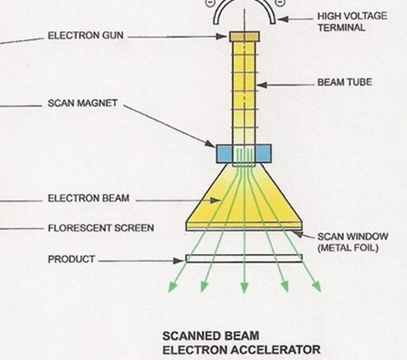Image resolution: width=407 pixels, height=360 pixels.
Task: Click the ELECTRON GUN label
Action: pyautogui.click(x=86, y=36)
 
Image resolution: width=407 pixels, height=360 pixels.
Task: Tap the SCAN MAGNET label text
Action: pyautogui.click(x=83, y=104)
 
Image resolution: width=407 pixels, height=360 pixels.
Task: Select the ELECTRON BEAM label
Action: pyautogui.click(x=88, y=198)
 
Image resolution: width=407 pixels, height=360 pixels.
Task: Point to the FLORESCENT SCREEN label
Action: pyautogui.click(x=101, y=228)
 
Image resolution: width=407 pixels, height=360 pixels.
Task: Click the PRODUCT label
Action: pyautogui.click(x=71, y=259)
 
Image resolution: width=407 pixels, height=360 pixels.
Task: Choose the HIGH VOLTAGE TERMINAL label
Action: pyautogui.click(x=351, y=22)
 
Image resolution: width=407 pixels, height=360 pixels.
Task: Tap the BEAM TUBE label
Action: pyautogui.click(x=344, y=82)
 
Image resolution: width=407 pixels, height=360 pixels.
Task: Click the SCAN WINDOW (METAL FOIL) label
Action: pyautogui.click(x=353, y=241)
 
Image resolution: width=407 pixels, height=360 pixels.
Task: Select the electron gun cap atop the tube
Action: pyautogui.click(x=244, y=37)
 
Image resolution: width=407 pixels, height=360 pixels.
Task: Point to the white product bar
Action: pyautogui.click(x=244, y=258)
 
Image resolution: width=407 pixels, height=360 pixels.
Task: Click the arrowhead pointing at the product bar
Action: pyautogui.click(x=179, y=261)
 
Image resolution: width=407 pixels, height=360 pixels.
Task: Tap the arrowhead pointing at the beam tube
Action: pyautogui.click(x=261, y=85)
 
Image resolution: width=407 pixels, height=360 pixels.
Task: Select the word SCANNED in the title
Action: pyautogui.click(x=187, y=336)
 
